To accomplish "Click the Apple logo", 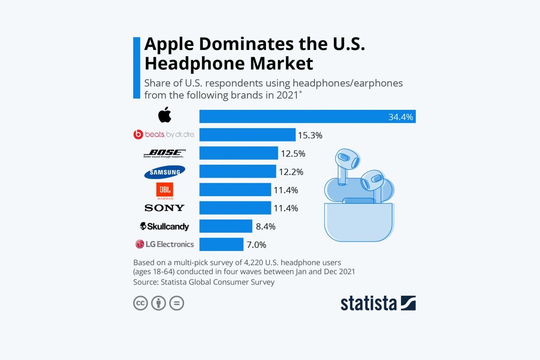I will (165, 116).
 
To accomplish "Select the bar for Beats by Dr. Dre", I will (247, 135).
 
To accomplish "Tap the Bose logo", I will (164, 153).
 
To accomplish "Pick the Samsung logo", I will (165, 171).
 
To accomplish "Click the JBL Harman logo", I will (164, 190).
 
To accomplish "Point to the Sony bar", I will (235, 208).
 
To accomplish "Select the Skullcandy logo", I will (165, 226).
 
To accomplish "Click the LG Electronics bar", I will (221, 244).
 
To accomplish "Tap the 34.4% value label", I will (400, 117).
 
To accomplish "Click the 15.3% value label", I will (310, 135).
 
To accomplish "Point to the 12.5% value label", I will (293, 153).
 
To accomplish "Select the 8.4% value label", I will (265, 226).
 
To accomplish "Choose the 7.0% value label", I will (256, 245).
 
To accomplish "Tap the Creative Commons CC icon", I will (140, 303).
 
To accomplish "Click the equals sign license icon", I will (177, 303).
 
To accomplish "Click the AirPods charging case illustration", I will (359, 220).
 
